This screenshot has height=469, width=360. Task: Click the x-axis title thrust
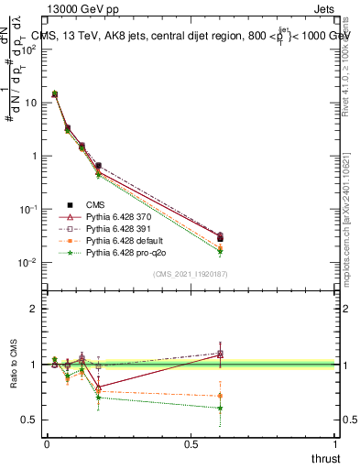(324, 458)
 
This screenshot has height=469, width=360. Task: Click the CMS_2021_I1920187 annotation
(190, 274)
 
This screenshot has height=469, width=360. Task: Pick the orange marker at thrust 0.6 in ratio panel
(220, 396)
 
